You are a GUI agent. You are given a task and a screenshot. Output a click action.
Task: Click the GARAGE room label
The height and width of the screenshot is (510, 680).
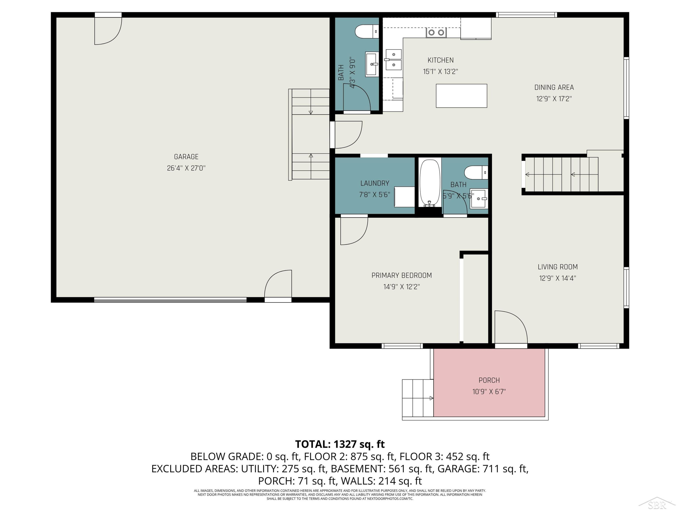pyautogui.click(x=186, y=157)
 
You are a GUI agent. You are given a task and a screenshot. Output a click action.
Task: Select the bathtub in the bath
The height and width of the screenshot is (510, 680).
pyautogui.click(x=430, y=183)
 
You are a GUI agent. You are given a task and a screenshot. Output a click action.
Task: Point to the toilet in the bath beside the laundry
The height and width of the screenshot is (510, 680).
pyautogui.click(x=476, y=172)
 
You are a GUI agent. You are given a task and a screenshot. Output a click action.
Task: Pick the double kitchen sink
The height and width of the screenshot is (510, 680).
pyautogui.click(x=393, y=60)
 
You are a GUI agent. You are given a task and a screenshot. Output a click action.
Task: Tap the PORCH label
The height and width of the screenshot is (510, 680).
pyautogui.click(x=489, y=380)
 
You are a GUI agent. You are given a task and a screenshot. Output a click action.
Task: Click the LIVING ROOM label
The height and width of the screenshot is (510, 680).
pyautogui.click(x=558, y=267)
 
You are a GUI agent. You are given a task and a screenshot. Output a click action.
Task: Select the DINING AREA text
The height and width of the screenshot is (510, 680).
pyautogui.click(x=554, y=87)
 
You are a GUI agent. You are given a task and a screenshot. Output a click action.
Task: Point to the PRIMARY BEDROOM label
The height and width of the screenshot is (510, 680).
pyautogui.click(x=401, y=275)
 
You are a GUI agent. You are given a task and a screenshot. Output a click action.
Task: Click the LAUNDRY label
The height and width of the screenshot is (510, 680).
pyautogui.click(x=375, y=183)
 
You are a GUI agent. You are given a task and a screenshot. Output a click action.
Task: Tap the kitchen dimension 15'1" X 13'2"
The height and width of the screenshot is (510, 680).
pyautogui.click(x=440, y=72)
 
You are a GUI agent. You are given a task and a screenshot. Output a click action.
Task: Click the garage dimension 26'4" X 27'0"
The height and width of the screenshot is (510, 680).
pyautogui.click(x=186, y=168)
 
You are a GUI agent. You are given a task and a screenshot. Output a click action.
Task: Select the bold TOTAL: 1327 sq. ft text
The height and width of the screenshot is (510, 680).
pyautogui.click(x=340, y=444)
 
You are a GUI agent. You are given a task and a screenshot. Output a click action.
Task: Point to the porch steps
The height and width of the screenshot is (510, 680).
pyautogui.click(x=418, y=398)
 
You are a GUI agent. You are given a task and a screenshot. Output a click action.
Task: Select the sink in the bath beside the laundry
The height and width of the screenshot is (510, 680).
pyautogui.click(x=478, y=199)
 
